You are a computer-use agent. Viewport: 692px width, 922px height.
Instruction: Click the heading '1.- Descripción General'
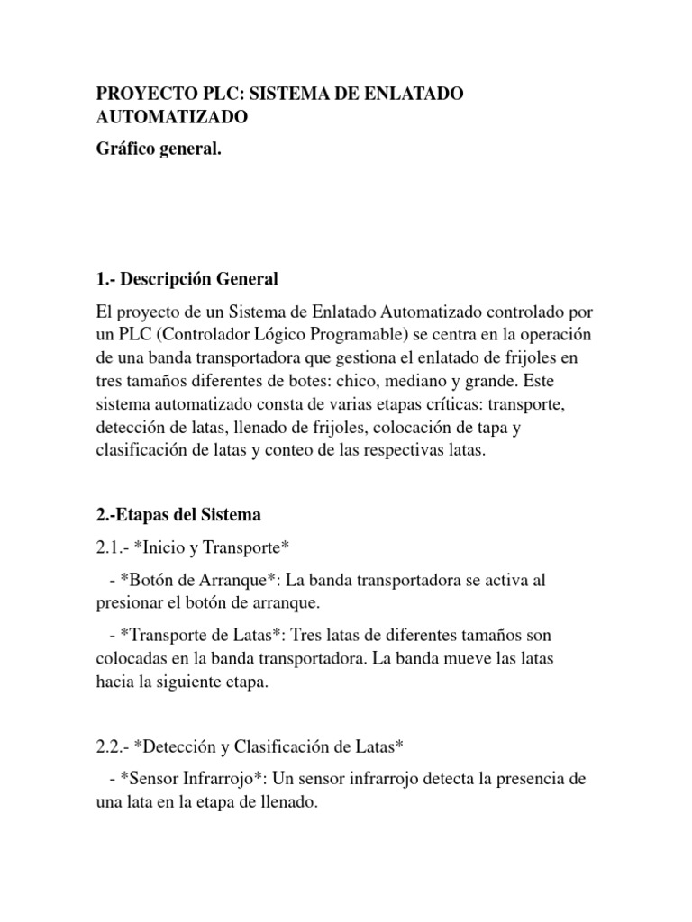[x=187, y=279]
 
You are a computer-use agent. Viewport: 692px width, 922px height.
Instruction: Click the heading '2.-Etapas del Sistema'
[x=178, y=515]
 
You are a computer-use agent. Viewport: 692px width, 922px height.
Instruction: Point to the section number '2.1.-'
[x=113, y=546]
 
